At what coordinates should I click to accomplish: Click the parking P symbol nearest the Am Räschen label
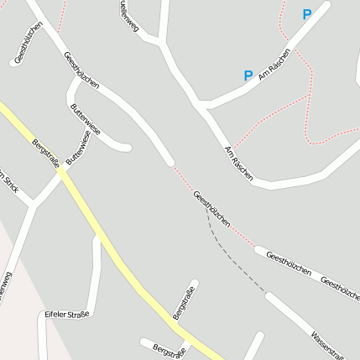248,76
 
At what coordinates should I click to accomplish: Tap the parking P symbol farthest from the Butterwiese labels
306,14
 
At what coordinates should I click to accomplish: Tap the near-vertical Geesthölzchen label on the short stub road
29,44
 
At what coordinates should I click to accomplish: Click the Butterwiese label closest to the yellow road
77,146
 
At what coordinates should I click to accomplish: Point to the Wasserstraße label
326,339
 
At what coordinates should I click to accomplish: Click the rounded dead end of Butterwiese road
128,148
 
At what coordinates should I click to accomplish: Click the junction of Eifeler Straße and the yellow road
101,237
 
